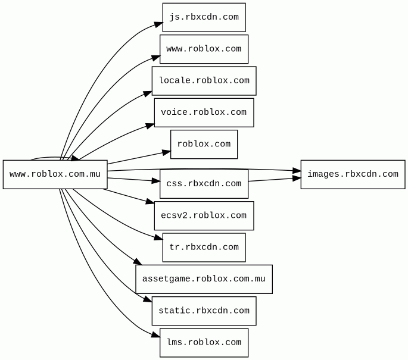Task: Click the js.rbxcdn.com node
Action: [204, 17]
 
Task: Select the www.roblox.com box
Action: [204, 49]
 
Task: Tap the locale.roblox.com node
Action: [204, 81]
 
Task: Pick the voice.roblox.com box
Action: [204, 112]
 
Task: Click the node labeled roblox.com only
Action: [204, 144]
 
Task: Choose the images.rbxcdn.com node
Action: [353, 174]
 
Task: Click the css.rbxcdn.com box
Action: [204, 184]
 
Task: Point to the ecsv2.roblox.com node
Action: [204, 216]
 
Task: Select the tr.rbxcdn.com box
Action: [204, 248]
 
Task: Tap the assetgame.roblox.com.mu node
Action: [204, 279]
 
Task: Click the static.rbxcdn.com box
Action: [204, 311]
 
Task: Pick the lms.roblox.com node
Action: [204, 343]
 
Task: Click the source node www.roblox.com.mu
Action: [55, 174]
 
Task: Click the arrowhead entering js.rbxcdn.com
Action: [158, 24]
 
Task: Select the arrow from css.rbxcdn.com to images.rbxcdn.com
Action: [275, 180]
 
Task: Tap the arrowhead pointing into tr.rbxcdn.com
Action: [158, 237]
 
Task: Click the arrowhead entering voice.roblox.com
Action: [150, 126]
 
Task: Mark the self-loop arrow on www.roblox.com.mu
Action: [54, 158]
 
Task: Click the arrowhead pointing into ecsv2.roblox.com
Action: [150, 201]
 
